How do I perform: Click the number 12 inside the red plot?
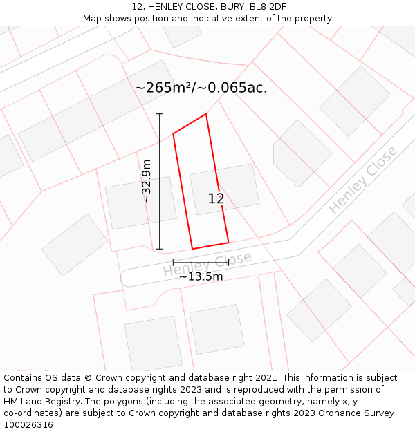click(x=216, y=199)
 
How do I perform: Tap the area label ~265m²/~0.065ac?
click(x=201, y=88)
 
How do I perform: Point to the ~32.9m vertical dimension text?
click(x=147, y=181)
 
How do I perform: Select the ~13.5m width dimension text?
click(x=201, y=276)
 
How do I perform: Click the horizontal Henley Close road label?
click(x=207, y=264)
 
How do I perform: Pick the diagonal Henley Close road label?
click(x=362, y=179)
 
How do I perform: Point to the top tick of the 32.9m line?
click(x=160, y=113)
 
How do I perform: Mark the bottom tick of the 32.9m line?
click(x=160, y=249)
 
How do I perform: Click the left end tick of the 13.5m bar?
click(x=173, y=263)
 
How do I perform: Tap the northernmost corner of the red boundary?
click(x=206, y=114)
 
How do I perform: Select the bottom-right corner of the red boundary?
click(x=228, y=243)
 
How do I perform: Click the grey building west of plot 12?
click(x=140, y=203)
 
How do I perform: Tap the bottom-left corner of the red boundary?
click(x=192, y=249)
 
